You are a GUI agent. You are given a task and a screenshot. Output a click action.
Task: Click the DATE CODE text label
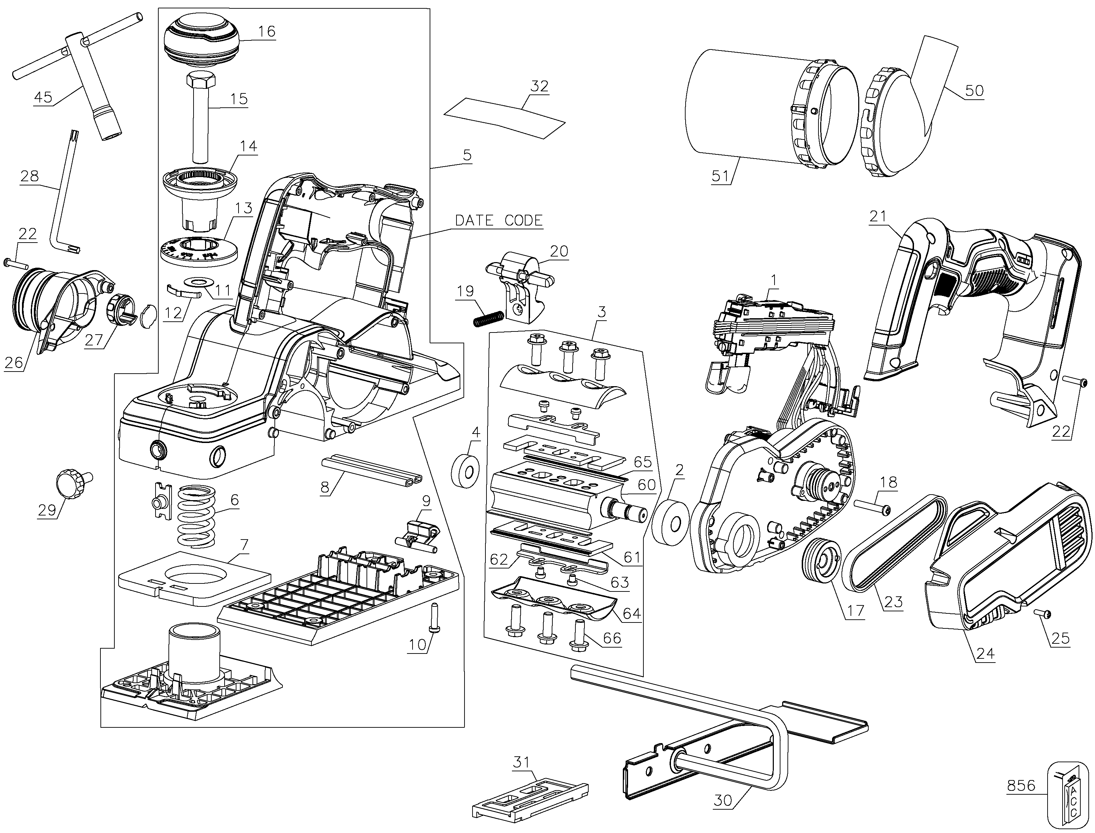tap(499, 221)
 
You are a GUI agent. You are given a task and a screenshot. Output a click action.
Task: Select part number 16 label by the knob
tap(266, 31)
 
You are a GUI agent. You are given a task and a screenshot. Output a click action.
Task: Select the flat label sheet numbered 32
tap(505, 124)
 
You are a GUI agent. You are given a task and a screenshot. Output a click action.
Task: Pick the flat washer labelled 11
tap(197, 283)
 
